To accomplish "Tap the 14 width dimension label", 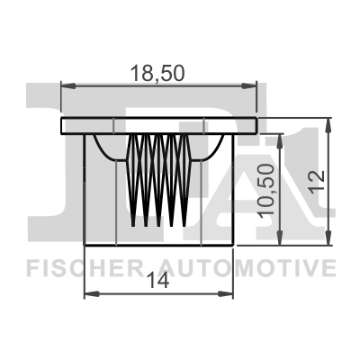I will (x=161, y=281).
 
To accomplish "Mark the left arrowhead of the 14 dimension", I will (x=89, y=294).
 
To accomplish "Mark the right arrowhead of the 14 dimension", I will (x=230, y=294).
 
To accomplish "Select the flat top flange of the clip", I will (x=159, y=125).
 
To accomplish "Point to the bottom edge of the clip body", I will (x=159, y=244).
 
